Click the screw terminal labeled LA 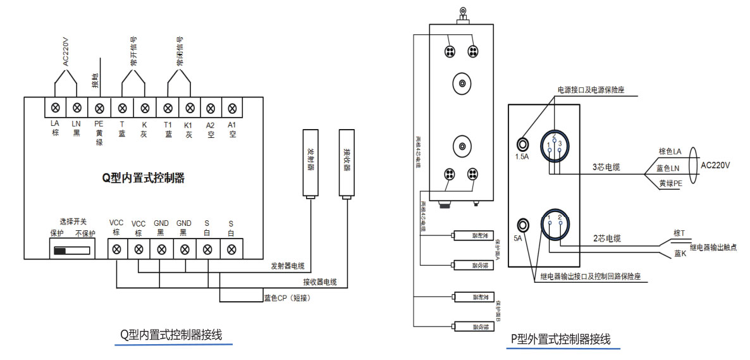(55, 108)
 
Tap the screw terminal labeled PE (99, 108)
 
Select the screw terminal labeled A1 (232, 108)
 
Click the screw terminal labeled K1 (188, 108)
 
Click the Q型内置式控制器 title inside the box (144, 178)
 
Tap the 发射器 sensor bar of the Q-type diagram (310, 163)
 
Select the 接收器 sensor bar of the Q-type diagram (347, 163)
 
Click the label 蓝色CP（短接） (286, 297)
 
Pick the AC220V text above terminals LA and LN (66, 53)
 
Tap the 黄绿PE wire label (669, 183)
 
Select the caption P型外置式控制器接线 (560, 339)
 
